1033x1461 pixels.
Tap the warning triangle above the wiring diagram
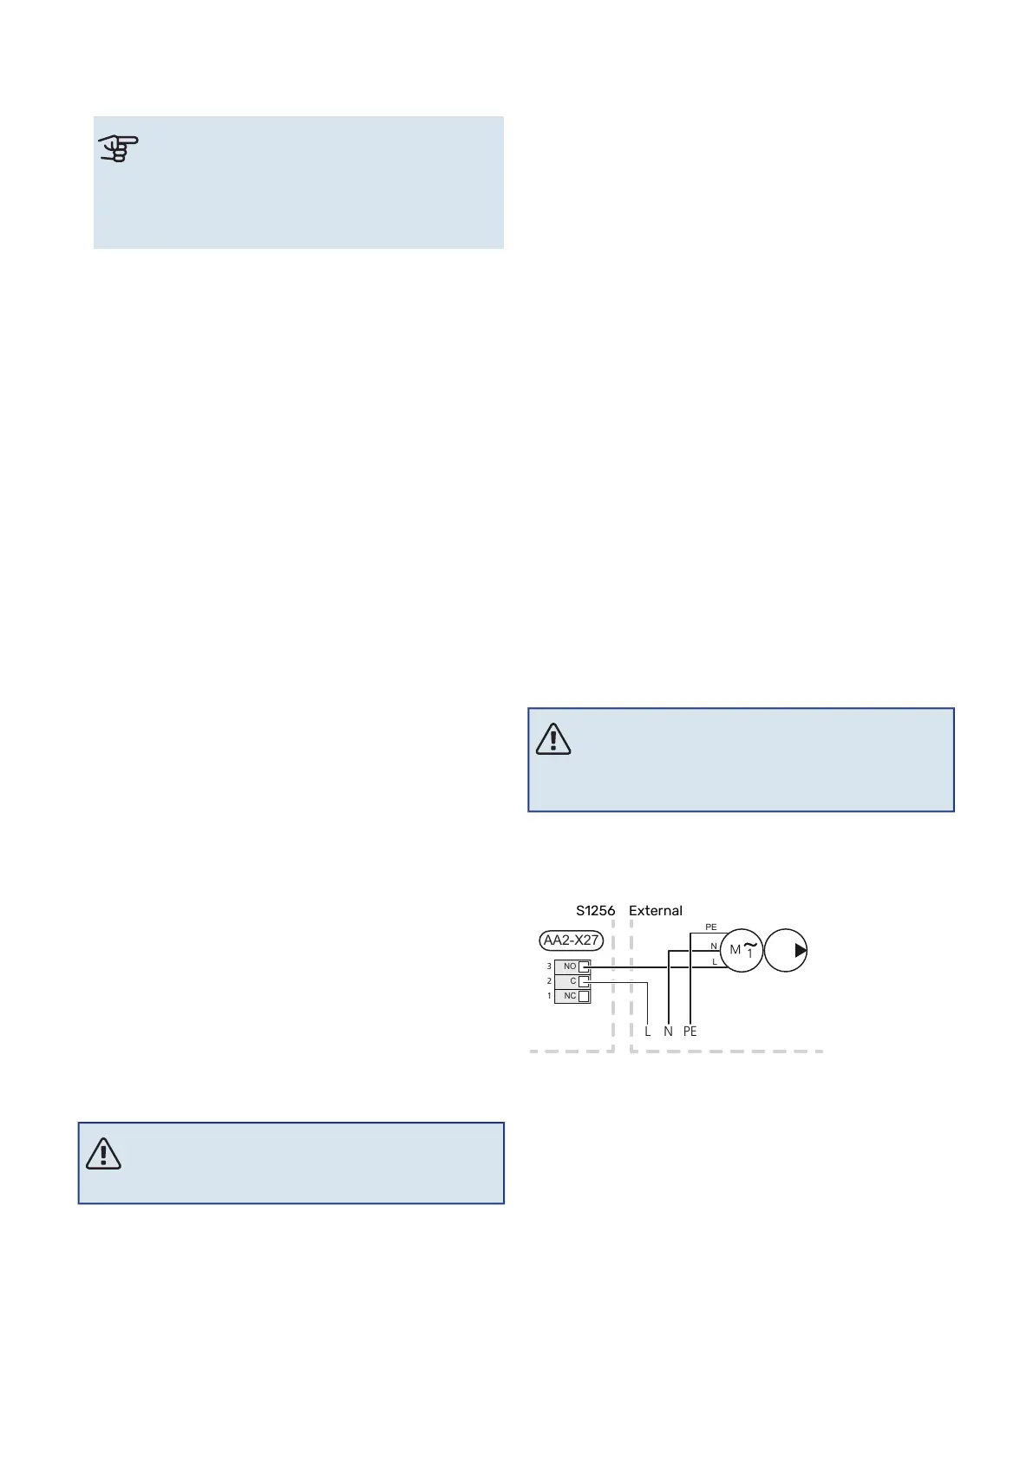coord(553,738)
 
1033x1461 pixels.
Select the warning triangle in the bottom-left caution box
coord(103,1153)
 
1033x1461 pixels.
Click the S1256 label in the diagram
coord(595,911)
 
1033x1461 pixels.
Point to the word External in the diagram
coord(656,911)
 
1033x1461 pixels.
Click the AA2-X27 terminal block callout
coord(570,940)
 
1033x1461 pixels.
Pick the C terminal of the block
coord(573,981)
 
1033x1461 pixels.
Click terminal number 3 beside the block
coord(549,966)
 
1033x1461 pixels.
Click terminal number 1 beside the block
coord(549,996)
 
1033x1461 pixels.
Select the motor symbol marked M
coord(742,950)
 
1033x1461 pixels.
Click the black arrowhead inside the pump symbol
coord(801,951)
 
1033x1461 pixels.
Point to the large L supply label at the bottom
coord(648,1032)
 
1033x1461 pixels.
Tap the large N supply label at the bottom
coord(668,1032)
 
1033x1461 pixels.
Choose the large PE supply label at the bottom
coord(690,1032)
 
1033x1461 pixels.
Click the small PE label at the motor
coord(711,927)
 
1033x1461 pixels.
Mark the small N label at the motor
coord(714,947)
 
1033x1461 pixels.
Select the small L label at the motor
coord(715,961)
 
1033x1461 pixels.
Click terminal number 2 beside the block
coord(549,981)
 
